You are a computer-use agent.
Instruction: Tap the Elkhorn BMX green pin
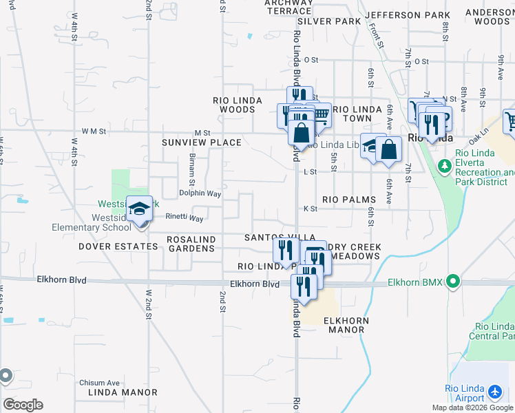click(x=452, y=282)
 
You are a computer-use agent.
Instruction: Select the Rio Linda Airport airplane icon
click(x=494, y=392)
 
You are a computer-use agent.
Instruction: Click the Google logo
click(x=23, y=404)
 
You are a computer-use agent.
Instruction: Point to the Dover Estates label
click(x=118, y=246)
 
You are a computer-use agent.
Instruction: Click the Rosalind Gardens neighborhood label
click(x=192, y=244)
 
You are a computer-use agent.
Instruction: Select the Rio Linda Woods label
click(x=241, y=105)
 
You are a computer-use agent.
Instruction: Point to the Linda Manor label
click(x=123, y=392)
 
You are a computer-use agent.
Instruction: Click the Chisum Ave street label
click(x=99, y=383)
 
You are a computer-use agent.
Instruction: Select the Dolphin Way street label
click(x=200, y=194)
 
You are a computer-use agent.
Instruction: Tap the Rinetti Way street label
click(x=185, y=218)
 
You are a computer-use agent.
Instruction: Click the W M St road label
click(x=94, y=131)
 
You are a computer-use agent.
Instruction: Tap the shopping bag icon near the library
click(x=388, y=150)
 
